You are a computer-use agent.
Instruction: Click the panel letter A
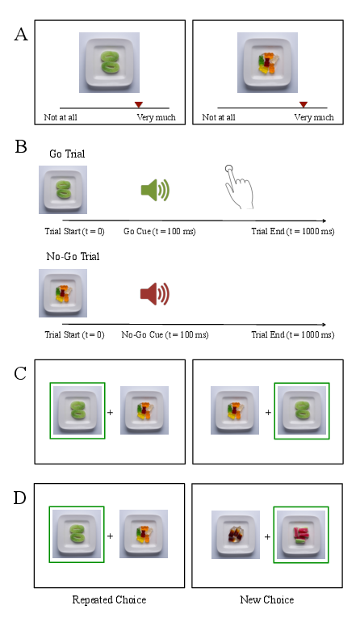[21, 35]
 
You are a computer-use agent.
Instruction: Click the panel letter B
[21, 146]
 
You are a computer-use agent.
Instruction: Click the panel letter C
[20, 374]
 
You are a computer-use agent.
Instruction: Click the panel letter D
[20, 498]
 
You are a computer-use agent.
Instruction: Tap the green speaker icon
[156, 190]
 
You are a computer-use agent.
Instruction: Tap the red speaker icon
[155, 294]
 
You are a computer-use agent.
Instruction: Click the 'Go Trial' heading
[67, 153]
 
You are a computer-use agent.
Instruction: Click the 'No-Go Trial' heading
[73, 256]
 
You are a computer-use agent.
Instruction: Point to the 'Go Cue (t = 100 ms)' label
[159, 231]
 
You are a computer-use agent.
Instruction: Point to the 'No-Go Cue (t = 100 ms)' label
[165, 334]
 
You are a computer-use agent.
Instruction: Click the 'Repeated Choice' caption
[109, 599]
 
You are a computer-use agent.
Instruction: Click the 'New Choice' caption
[267, 599]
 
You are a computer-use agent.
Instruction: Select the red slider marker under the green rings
[138, 104]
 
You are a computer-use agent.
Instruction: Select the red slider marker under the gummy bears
[303, 104]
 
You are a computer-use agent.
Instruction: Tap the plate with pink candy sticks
[301, 534]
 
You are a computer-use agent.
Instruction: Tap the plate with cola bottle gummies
[236, 534]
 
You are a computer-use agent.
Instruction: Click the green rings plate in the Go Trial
[63, 190]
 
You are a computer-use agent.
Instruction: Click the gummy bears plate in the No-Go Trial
[63, 293]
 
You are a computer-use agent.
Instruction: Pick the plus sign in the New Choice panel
[268, 536]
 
